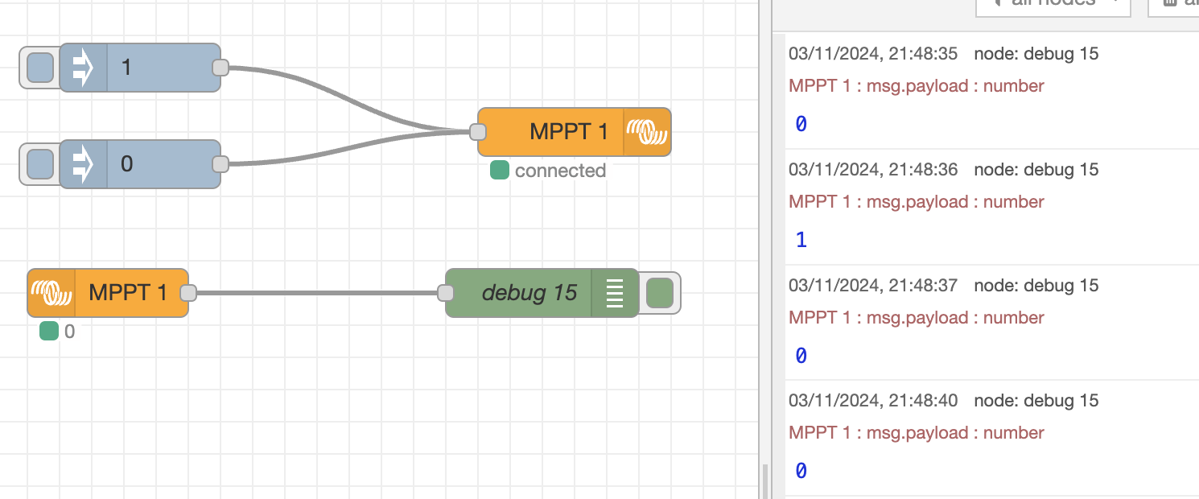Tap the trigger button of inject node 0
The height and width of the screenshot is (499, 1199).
(x=40, y=164)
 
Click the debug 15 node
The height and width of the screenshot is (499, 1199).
(x=523, y=293)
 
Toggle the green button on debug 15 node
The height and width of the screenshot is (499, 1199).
(x=660, y=293)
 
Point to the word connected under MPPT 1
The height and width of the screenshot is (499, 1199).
(x=560, y=171)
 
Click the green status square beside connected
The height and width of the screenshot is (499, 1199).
(x=500, y=170)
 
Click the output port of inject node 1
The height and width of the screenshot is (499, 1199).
(x=220, y=68)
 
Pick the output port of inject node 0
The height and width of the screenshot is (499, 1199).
(x=220, y=164)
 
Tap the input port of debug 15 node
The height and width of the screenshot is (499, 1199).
(x=446, y=293)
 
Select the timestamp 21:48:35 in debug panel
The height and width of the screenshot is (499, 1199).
(x=873, y=54)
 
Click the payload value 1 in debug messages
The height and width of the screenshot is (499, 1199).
(x=801, y=240)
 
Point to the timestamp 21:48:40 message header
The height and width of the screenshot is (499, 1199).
(x=873, y=401)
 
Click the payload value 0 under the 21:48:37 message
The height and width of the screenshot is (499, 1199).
(x=801, y=355)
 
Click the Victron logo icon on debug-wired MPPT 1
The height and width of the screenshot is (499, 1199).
(x=51, y=293)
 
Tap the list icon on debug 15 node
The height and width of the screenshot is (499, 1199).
(x=615, y=293)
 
